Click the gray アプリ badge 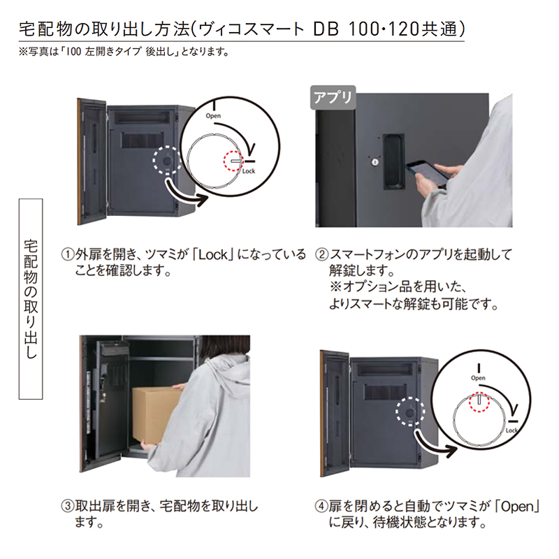(x=333, y=97)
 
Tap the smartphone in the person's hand (x=428, y=173)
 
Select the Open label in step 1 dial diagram (x=213, y=116)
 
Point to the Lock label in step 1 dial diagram (x=249, y=171)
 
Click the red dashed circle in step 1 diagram (x=233, y=161)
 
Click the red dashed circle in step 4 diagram (x=479, y=402)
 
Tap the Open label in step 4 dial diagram (x=478, y=378)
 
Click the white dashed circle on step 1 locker (x=167, y=160)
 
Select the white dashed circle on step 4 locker (x=410, y=412)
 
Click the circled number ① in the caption (x=67, y=255)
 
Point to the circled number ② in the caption (x=321, y=255)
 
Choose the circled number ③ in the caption (x=67, y=506)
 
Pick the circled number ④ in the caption (x=321, y=506)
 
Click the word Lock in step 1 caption (x=213, y=255)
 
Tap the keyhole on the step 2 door (x=375, y=162)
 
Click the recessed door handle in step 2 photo (x=394, y=161)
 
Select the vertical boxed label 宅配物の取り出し (x=31, y=299)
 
